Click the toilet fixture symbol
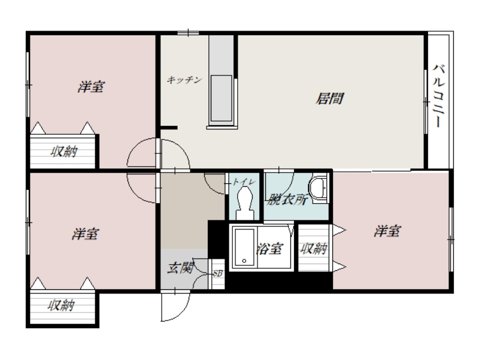244,201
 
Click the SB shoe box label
217,273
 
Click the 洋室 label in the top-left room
90,87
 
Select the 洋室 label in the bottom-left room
85,234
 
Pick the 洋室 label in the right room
387,231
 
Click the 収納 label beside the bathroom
313,249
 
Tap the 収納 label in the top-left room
63,152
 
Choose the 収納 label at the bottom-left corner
62,306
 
